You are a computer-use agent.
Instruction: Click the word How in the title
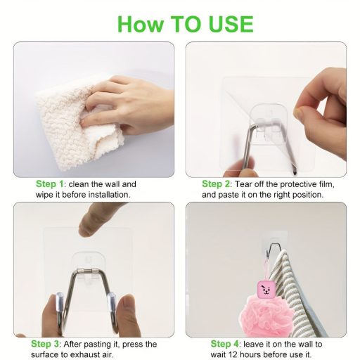140,24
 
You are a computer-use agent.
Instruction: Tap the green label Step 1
50,184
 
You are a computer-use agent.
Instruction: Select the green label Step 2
216,184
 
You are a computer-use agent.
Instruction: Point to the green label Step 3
45,344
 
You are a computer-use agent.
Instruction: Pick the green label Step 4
224,344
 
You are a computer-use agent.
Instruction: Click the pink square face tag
264,290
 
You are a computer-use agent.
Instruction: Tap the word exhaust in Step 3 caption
86,354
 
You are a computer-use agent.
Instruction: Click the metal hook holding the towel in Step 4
273,250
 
